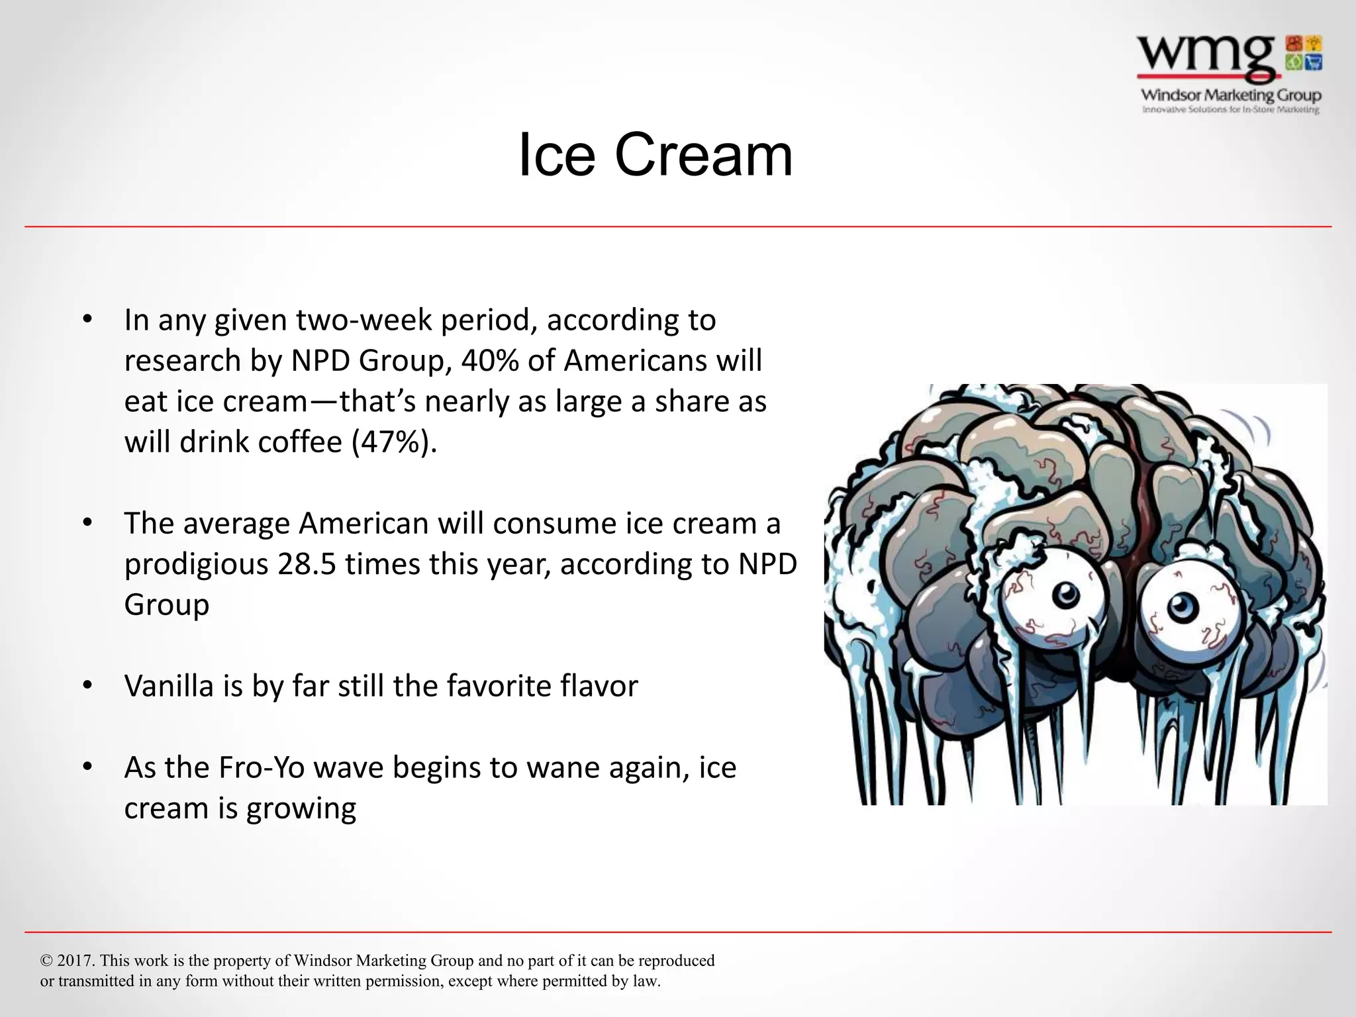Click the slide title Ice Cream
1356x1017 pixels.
[x=655, y=155]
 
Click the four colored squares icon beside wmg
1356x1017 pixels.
[x=1304, y=53]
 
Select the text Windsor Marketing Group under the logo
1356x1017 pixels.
[x=1231, y=95]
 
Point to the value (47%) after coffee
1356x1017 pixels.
[x=395, y=442]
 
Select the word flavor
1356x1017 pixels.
[x=599, y=686]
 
